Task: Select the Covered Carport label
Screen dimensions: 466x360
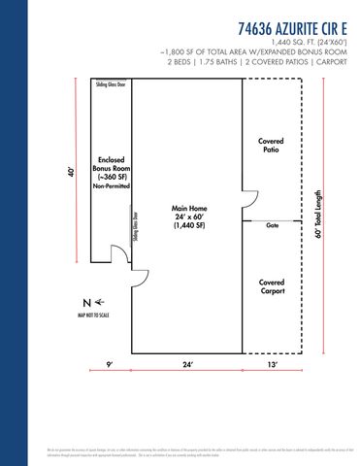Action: pyautogui.click(x=272, y=286)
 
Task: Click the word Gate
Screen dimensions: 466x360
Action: pyautogui.click(x=273, y=224)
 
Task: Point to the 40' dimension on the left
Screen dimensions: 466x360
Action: pyautogui.click(x=72, y=171)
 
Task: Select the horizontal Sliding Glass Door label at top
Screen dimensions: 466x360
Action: pyautogui.click(x=110, y=85)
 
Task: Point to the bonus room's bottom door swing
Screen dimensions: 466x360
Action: pyautogui.click(x=119, y=254)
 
